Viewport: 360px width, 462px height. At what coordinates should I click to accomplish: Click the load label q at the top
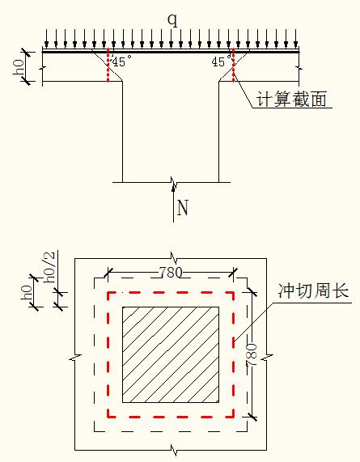tap(173, 20)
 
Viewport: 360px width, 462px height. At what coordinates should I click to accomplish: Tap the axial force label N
tap(182, 208)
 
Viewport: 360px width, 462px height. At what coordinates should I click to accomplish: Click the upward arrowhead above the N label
tap(173, 189)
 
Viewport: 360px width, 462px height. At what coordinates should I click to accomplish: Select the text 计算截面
tap(291, 99)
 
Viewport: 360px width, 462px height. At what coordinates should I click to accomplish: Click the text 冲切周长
tap(313, 290)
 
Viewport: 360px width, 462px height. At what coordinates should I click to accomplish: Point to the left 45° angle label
tap(122, 61)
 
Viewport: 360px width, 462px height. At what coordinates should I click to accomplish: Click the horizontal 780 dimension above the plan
tap(171, 273)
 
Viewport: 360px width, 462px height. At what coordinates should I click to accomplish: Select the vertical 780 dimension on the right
tap(252, 354)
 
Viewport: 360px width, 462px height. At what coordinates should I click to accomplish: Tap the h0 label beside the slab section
tap(19, 67)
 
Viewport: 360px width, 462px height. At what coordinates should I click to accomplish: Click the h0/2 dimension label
tap(49, 267)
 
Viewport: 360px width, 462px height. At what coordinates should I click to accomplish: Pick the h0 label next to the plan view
tap(26, 292)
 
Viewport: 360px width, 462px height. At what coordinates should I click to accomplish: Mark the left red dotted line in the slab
tap(108, 65)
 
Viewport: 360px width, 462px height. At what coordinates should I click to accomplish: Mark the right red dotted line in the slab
tap(234, 65)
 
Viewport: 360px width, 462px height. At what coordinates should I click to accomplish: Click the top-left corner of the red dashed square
tap(108, 293)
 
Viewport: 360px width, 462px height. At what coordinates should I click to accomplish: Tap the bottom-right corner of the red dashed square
tap(234, 417)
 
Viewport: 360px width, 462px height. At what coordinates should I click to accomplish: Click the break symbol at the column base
tap(173, 183)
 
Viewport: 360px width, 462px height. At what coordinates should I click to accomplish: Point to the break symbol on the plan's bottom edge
tap(174, 450)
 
